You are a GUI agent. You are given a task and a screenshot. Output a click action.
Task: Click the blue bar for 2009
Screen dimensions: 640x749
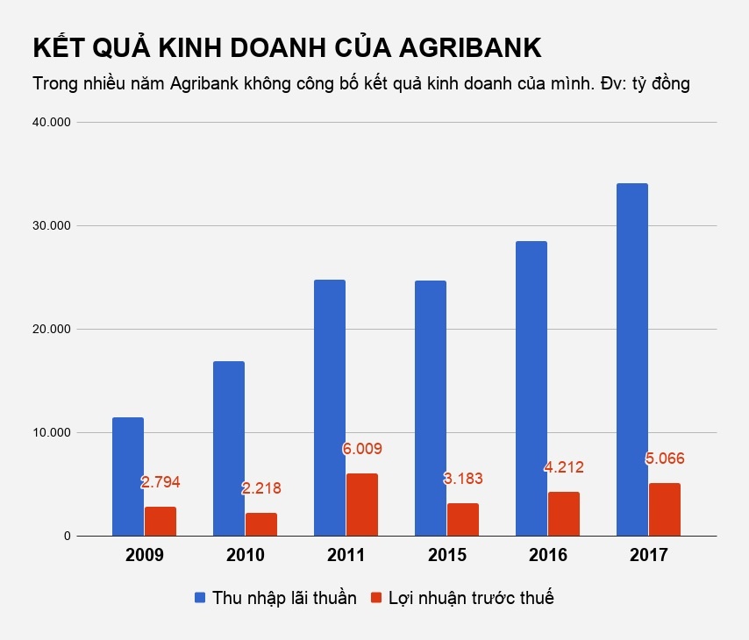tap(128, 476)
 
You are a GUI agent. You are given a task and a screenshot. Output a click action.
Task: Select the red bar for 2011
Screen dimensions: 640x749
tap(362, 504)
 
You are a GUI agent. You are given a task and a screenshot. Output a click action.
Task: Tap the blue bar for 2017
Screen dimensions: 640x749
tap(632, 359)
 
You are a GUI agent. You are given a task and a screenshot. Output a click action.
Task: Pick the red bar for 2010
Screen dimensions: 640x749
tap(261, 523)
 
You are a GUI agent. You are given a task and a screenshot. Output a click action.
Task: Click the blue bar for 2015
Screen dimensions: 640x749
tap(431, 408)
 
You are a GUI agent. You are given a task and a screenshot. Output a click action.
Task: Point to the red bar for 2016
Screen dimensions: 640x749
tap(564, 513)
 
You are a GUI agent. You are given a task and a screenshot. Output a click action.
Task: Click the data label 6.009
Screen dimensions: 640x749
tap(362, 449)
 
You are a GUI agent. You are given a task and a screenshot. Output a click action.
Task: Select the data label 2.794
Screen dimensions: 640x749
tap(160, 482)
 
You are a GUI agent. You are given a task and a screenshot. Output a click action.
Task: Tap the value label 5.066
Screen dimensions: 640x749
tap(664, 459)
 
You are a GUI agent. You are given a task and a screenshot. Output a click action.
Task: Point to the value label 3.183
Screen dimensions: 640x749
tap(462, 479)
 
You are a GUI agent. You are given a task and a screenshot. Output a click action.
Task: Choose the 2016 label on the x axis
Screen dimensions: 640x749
tap(548, 555)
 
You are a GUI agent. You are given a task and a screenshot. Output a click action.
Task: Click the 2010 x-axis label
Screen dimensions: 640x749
tap(246, 555)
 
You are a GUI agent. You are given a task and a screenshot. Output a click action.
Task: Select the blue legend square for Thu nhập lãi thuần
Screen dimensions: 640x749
tap(201, 598)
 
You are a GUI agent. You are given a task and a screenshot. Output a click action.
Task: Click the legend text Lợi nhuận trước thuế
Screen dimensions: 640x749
tap(472, 598)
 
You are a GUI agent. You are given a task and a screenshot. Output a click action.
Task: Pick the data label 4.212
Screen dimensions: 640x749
tap(563, 467)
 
